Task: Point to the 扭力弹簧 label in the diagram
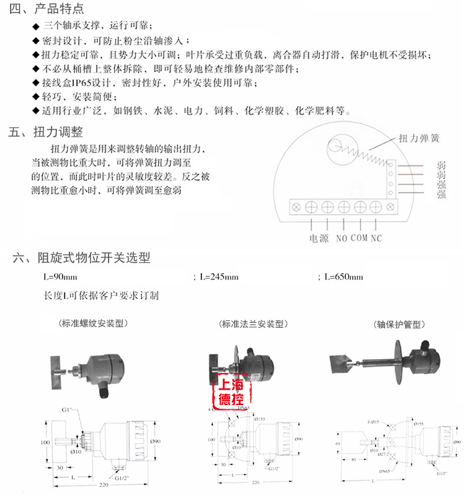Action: pos(419,139)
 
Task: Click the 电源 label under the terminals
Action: pos(319,238)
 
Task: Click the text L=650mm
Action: pos(344,277)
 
